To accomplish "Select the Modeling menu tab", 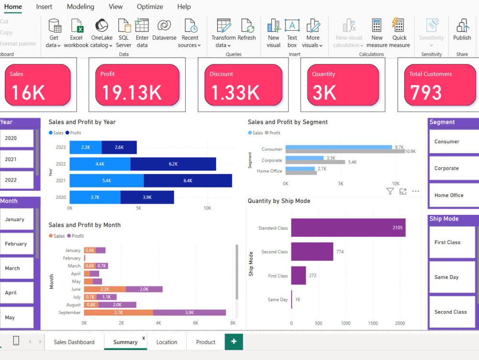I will tap(80, 7).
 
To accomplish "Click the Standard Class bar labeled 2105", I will tap(348, 228).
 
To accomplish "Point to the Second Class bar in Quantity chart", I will tap(312, 252).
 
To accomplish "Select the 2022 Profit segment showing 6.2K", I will tap(173, 164).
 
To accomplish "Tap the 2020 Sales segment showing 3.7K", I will tap(95, 197).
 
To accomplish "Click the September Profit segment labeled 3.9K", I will tap(189, 313).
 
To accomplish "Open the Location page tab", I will tap(167, 342).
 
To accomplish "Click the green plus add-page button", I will tap(234, 342).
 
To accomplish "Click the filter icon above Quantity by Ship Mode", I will tap(390, 191).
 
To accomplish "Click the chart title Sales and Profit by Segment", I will tap(287, 122).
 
